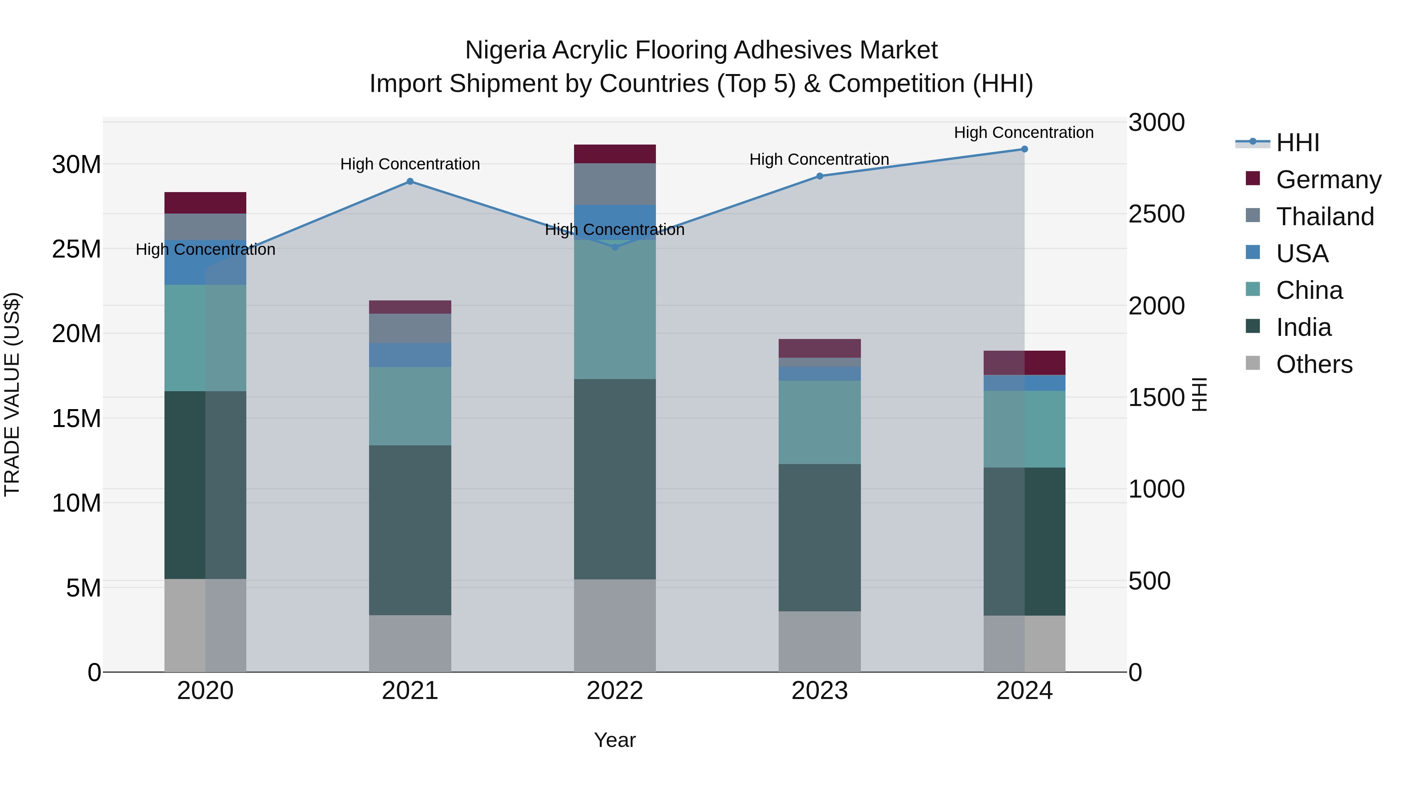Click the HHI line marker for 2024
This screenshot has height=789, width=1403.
pyautogui.click(x=1024, y=149)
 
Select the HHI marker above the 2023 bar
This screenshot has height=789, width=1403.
pyautogui.click(x=819, y=176)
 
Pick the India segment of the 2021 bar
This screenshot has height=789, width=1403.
pyautogui.click(x=410, y=530)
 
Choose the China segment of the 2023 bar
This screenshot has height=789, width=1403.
pyautogui.click(x=819, y=422)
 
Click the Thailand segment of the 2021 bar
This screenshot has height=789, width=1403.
pyautogui.click(x=410, y=328)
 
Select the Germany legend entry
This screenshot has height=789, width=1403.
pyautogui.click(x=1328, y=180)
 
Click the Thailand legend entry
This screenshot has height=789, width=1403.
pyautogui.click(x=1325, y=217)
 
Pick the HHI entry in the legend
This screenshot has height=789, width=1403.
pyautogui.click(x=1297, y=143)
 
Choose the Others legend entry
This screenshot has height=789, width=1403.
pyautogui.click(x=1314, y=364)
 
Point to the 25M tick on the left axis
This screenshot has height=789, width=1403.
pyautogui.click(x=76, y=249)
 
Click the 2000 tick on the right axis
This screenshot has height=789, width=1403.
pyautogui.click(x=1156, y=306)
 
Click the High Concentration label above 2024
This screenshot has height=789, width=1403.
pyautogui.click(x=1023, y=132)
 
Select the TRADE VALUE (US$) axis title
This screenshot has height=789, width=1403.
pyautogui.click(x=12, y=394)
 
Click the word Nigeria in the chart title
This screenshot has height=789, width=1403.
pyautogui.click(x=505, y=50)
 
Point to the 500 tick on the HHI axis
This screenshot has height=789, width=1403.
pyautogui.click(x=1149, y=581)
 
